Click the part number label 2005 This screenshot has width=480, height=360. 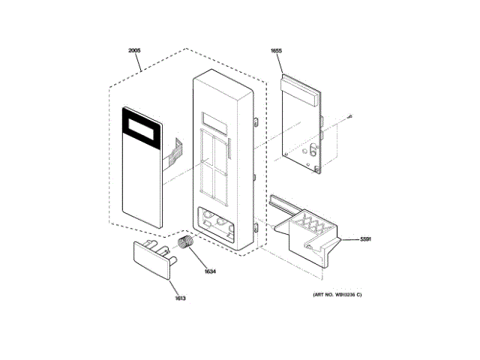pyautogui.click(x=134, y=51)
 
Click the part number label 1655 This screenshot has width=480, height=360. pyautogui.click(x=276, y=51)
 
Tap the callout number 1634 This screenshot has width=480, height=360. pyautogui.click(x=210, y=271)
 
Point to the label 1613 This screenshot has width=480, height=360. pyautogui.click(x=180, y=298)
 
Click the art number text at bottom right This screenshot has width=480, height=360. pyautogui.click(x=332, y=294)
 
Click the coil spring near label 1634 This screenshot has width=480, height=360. pyautogui.click(x=185, y=243)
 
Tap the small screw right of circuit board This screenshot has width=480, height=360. pyautogui.click(x=351, y=116)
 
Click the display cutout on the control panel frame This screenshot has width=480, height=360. pyautogui.click(x=214, y=119)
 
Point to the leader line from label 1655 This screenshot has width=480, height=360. pyautogui.click(x=280, y=64)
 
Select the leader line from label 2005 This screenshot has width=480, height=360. pyautogui.click(x=139, y=62)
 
